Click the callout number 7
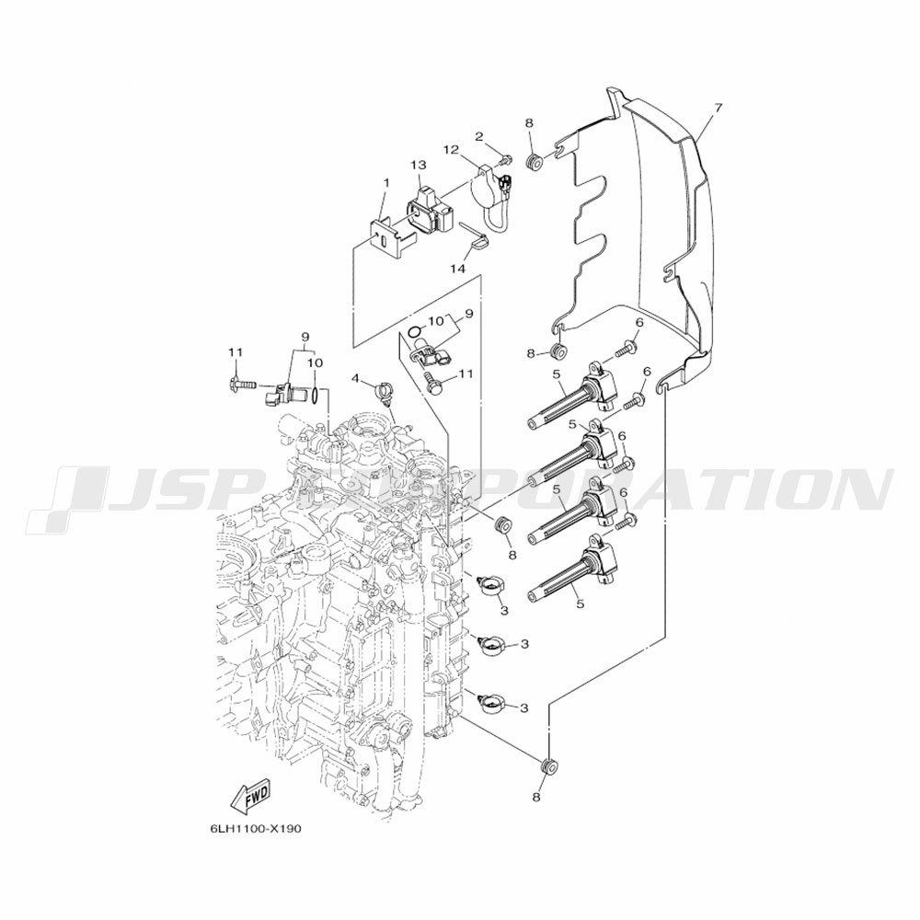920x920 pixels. click(x=718, y=108)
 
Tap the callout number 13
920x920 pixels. click(x=419, y=165)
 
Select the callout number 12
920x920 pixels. click(x=451, y=149)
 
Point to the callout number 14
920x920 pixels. click(x=458, y=269)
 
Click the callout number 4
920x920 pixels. click(x=355, y=377)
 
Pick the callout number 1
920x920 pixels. click(x=386, y=182)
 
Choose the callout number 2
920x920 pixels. click(x=479, y=136)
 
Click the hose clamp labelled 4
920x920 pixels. click(x=385, y=392)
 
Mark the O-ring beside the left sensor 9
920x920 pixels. click(x=316, y=396)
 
